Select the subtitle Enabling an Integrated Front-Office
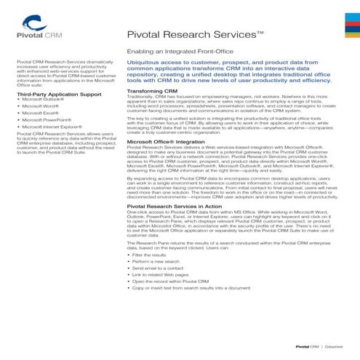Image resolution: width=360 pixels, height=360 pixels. click(175, 52)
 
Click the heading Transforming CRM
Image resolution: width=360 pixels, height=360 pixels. click(153, 91)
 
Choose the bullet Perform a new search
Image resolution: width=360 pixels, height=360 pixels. click(151, 264)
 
